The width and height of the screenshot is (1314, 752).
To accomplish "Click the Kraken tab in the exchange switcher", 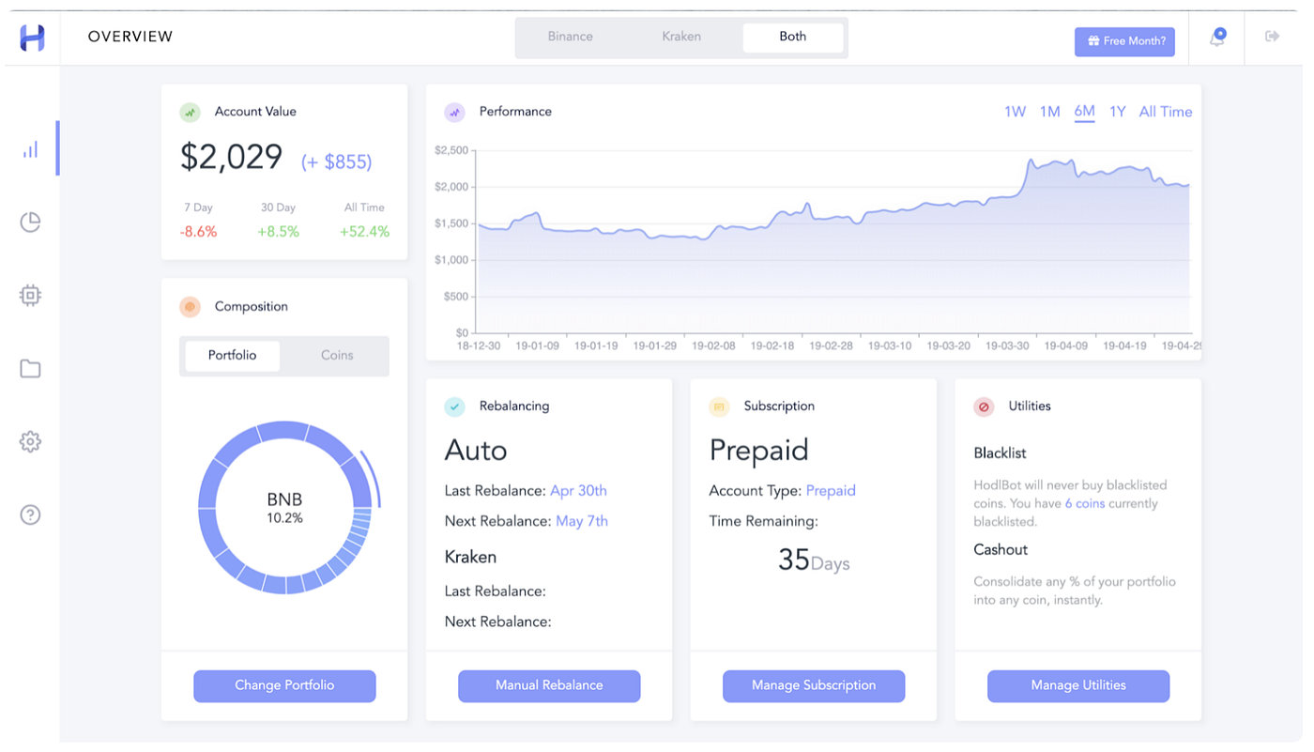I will click(681, 37).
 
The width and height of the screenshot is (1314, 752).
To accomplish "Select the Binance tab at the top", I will click(571, 37).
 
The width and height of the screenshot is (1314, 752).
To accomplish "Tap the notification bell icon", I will click(1217, 38).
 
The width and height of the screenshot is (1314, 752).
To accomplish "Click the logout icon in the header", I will click(1273, 37).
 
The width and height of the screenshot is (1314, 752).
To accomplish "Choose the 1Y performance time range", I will click(1117, 112).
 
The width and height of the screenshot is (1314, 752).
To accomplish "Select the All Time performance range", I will click(1165, 112).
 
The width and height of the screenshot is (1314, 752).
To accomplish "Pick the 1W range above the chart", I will click(1015, 112).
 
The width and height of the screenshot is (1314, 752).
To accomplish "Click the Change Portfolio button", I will click(284, 685).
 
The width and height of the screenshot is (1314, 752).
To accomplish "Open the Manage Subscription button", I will click(814, 685).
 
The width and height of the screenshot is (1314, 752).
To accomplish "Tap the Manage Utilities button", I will click(1078, 685).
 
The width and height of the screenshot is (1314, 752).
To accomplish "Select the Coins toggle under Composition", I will click(337, 356).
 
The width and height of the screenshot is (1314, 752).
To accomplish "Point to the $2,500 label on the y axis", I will click(452, 150).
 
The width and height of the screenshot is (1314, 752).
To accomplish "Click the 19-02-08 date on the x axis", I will click(713, 345).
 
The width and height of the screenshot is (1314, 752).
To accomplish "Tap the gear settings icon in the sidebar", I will click(30, 441).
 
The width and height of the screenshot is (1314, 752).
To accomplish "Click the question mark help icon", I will click(30, 514).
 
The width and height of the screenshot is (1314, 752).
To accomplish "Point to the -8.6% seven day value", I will click(199, 232).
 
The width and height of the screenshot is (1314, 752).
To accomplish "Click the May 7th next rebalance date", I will click(582, 521).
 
